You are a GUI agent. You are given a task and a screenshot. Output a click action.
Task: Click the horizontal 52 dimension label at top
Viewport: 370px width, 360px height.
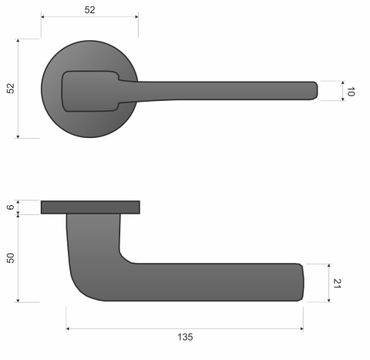click(x=89, y=9)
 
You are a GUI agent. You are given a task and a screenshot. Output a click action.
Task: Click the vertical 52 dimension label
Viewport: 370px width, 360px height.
click(x=11, y=89)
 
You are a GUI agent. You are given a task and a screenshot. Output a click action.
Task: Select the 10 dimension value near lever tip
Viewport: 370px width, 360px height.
click(x=351, y=91)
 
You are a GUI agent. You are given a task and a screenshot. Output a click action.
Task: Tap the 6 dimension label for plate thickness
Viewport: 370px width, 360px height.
click(x=11, y=207)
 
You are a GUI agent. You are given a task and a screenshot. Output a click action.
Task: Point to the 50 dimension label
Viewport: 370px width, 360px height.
click(x=11, y=257)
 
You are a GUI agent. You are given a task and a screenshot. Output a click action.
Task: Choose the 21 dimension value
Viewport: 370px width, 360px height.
click(x=337, y=283)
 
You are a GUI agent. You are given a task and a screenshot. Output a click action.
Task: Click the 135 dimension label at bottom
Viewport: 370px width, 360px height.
click(x=185, y=337)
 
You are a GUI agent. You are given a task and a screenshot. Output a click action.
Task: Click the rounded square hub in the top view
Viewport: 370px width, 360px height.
click(x=89, y=91)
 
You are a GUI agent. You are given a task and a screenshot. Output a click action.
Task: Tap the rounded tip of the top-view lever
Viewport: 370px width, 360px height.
click(x=314, y=90)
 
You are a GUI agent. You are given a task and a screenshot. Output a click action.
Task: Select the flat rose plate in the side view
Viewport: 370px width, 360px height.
click(x=90, y=207)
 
